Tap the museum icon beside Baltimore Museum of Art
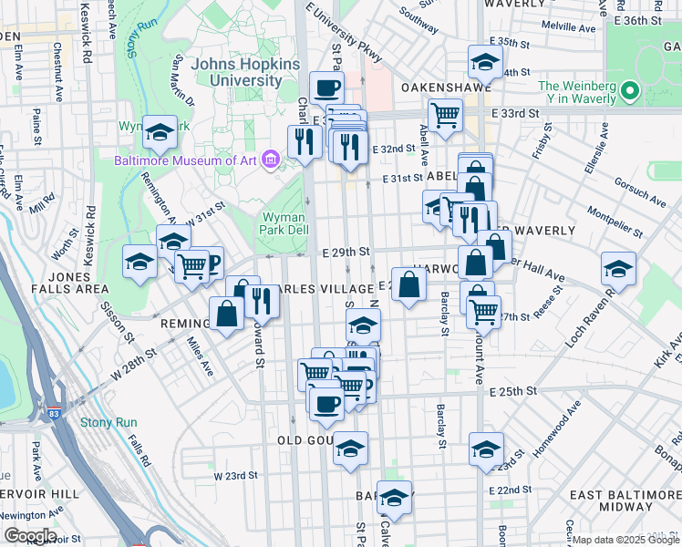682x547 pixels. tap(269, 160)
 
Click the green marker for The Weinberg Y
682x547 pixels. tap(630, 92)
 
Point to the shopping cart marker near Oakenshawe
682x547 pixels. tap(445, 115)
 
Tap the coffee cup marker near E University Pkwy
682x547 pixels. tap(326, 88)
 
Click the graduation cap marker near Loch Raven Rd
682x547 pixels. tap(618, 269)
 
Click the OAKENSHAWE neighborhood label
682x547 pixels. tap(446, 88)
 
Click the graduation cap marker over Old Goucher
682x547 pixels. tap(350, 449)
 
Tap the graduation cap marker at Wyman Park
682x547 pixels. tap(160, 133)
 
